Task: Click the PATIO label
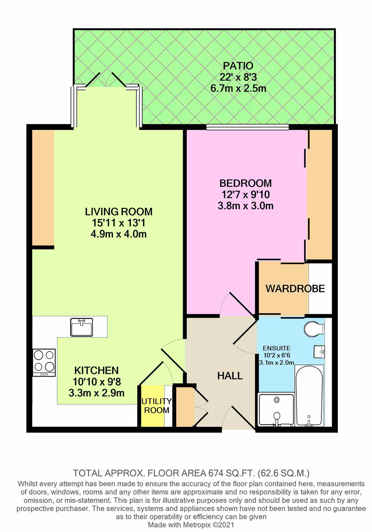[x=238, y=66]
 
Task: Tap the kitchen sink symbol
[x=81, y=327]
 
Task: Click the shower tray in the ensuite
[x=276, y=409]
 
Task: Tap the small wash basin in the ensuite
[x=319, y=352]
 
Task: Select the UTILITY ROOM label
[x=156, y=406]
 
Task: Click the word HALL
[x=230, y=376]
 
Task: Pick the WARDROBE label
[x=295, y=288]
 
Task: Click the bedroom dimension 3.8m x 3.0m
[x=245, y=206]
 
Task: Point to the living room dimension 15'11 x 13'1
[x=119, y=223]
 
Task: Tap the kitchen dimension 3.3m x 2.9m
[x=96, y=393]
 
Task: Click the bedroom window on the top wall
[x=247, y=127]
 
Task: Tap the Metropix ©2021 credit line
[x=191, y=525]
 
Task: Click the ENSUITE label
[x=276, y=348]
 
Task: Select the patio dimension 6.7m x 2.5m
[x=238, y=88]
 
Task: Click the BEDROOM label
[x=245, y=183]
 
